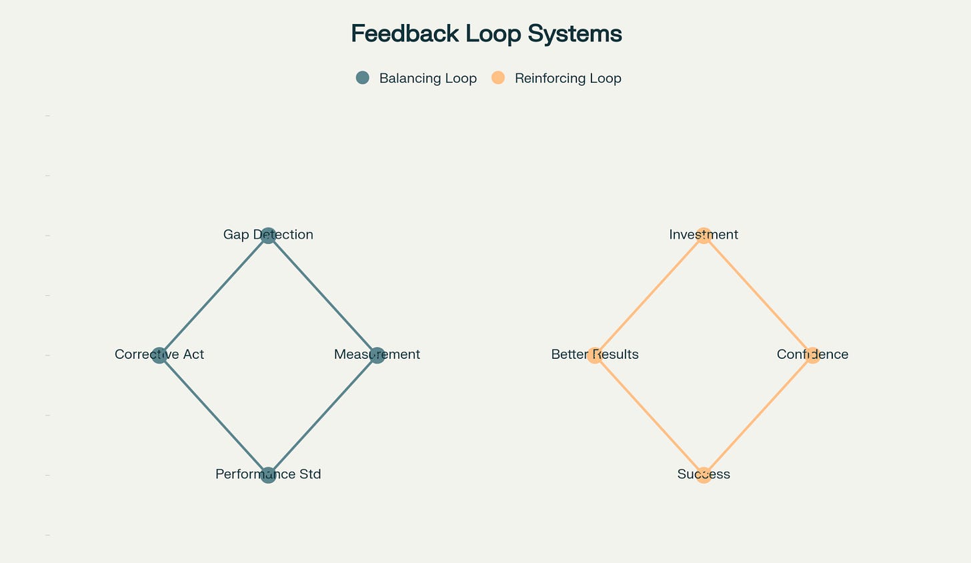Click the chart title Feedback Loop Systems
486,33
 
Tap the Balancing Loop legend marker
363,78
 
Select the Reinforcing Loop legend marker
498,78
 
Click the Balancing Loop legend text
427,79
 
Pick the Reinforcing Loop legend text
568,79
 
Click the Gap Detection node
268,235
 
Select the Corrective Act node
159,356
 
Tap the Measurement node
377,356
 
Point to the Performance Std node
268,475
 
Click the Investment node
704,235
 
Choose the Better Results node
594,356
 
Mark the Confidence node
812,356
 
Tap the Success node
704,475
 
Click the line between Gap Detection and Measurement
323,296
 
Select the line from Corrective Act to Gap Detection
213,296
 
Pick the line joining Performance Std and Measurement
323,415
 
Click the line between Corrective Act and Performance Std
213,415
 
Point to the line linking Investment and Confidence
758,296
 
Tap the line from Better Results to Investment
649,296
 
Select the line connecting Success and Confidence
758,415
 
